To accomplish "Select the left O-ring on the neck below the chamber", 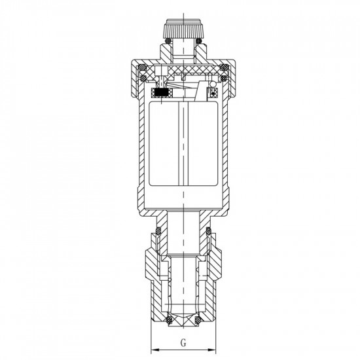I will pyautogui.click(x=158, y=231).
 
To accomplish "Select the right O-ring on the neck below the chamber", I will pyautogui.click(x=208, y=231).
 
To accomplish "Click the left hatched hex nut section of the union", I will pyautogui.click(x=148, y=262).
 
